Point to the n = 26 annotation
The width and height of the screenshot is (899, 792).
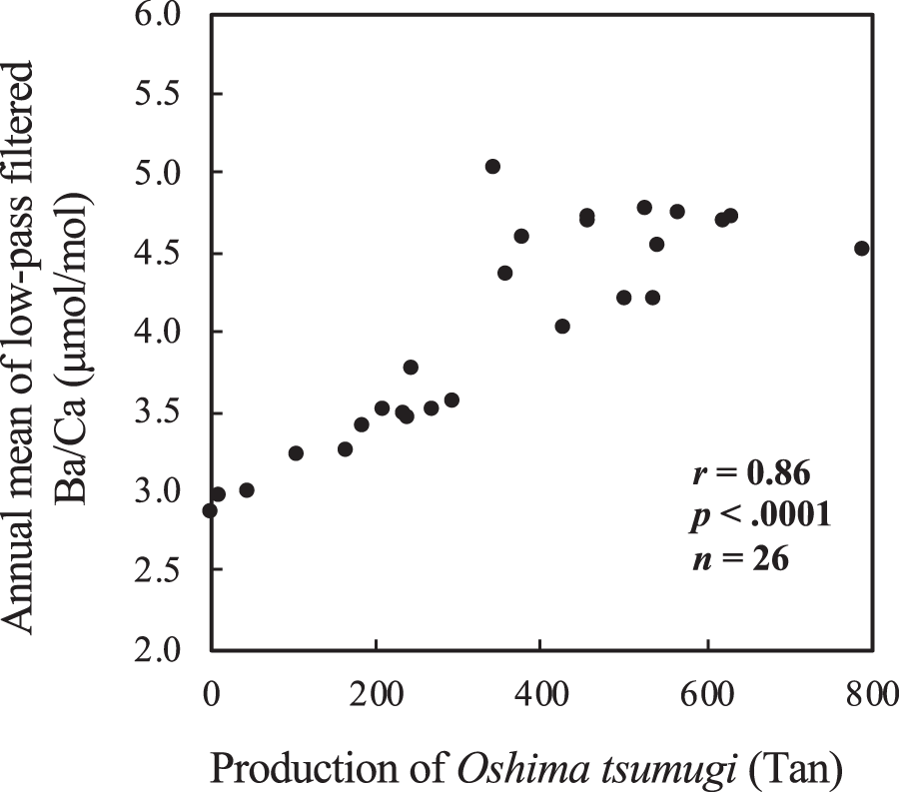point(740,560)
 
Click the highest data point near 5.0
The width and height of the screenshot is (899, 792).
point(492,166)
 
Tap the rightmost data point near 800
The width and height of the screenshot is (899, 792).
point(862,248)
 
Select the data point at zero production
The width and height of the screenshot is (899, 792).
point(210,510)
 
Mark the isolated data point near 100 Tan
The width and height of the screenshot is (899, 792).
point(296,452)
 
